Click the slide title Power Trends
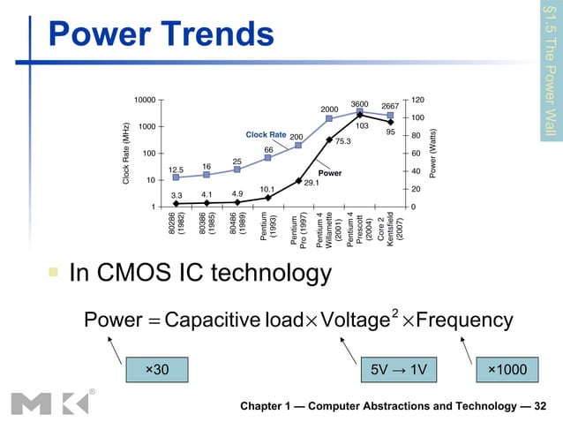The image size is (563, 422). (x=161, y=34)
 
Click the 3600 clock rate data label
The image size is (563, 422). (x=359, y=103)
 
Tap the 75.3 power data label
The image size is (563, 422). (x=343, y=140)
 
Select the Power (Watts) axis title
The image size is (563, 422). (x=433, y=153)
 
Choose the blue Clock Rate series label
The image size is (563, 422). (x=266, y=135)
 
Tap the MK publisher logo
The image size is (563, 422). (x=45, y=402)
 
